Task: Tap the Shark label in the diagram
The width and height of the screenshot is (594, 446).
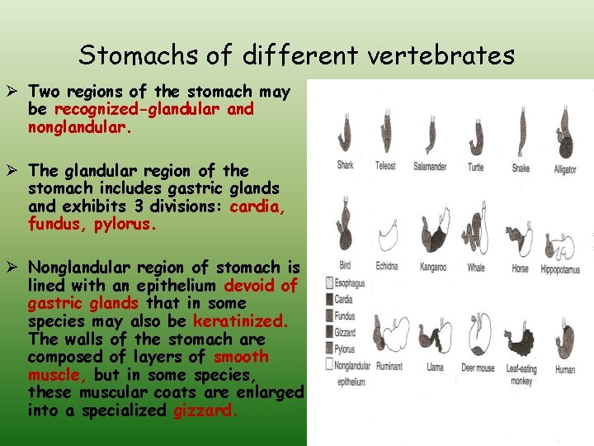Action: tap(345, 166)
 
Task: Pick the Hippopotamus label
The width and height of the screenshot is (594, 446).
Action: tap(560, 269)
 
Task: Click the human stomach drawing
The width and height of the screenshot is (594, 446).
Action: tap(564, 339)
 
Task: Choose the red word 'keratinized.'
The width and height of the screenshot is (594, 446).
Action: tap(240, 320)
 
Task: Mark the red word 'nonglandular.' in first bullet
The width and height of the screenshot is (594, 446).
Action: tap(74, 127)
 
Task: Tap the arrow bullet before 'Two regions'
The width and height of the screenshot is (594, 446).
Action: tap(15, 92)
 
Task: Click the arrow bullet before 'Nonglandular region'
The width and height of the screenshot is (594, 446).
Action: tap(15, 268)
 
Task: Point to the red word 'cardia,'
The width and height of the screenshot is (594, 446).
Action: tap(258, 206)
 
